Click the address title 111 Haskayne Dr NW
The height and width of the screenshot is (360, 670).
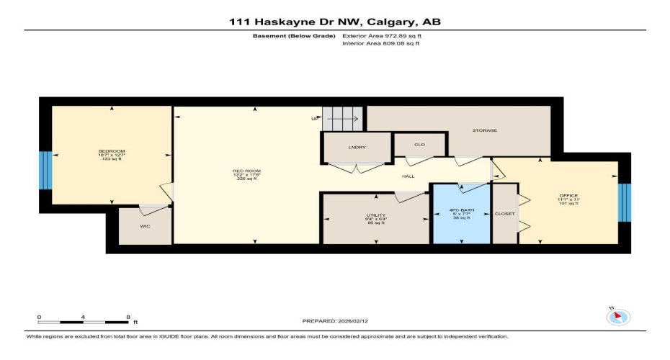334,22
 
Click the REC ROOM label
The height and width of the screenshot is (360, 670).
246,174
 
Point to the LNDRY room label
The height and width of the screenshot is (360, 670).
357,147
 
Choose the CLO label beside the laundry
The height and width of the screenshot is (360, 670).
419,145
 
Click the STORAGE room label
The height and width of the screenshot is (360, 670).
484,130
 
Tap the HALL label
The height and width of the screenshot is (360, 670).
407,176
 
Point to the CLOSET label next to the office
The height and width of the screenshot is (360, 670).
504,214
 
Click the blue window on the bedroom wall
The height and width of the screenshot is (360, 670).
45,170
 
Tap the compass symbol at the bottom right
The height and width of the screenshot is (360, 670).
619,316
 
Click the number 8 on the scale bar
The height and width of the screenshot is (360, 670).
128,317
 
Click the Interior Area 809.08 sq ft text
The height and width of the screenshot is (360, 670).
381,44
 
